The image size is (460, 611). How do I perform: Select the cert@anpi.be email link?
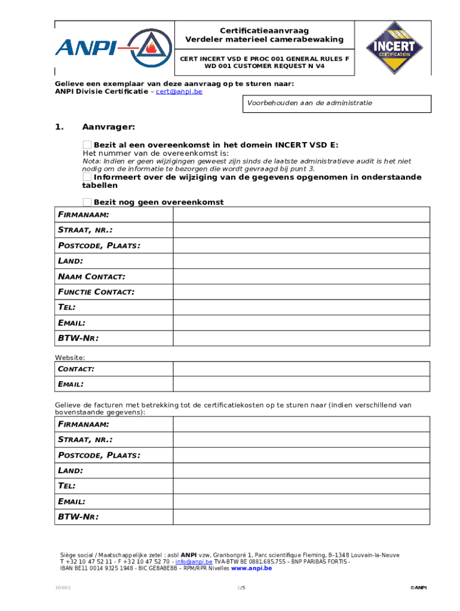pos(179,92)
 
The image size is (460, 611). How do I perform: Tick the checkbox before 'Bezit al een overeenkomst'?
pos(87,145)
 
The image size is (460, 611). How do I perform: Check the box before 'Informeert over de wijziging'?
pos(87,177)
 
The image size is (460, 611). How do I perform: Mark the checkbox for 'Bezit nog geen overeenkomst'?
pos(87,202)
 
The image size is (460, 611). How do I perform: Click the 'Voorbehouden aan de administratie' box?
pos(336,103)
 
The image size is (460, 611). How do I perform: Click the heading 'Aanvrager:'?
pos(109,127)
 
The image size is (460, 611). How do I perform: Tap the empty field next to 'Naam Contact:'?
pos(301,277)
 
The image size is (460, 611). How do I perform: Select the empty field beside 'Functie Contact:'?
pos(301,292)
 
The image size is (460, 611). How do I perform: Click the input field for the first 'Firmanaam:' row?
pos(301,215)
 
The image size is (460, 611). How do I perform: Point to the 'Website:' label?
pos(70,357)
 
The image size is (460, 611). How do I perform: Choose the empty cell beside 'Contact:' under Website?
pos(301,369)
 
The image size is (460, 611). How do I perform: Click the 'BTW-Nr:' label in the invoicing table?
pos(78,517)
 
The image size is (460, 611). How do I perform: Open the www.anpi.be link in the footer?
pos(252,569)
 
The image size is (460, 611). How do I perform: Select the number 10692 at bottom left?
pos(63,588)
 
